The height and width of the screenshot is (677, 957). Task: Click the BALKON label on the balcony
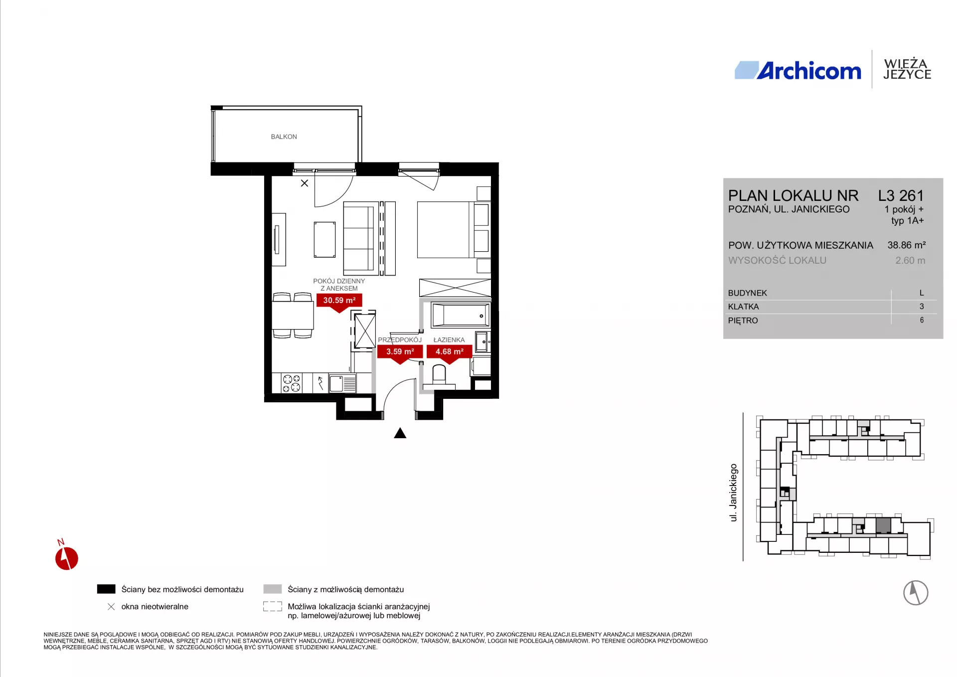(284, 137)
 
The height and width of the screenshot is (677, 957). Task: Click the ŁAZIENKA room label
(449, 339)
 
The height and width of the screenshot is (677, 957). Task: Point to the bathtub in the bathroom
(461, 315)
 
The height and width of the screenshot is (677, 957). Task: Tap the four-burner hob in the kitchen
(292, 383)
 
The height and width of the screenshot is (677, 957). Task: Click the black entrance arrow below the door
(400, 433)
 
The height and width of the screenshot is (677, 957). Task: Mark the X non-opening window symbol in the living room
(305, 183)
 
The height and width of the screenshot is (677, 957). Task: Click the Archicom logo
(798, 70)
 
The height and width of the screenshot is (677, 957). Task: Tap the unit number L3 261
(901, 195)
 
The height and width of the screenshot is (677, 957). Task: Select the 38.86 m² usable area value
(906, 245)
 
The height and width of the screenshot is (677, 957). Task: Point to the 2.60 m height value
(910, 260)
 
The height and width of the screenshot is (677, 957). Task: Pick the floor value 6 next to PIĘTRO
(922, 320)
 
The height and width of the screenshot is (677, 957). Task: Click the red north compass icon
(66, 557)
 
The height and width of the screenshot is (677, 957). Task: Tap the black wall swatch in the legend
(106, 589)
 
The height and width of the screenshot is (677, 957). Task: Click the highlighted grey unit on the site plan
(883, 525)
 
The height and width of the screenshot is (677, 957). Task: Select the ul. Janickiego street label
(733, 493)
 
